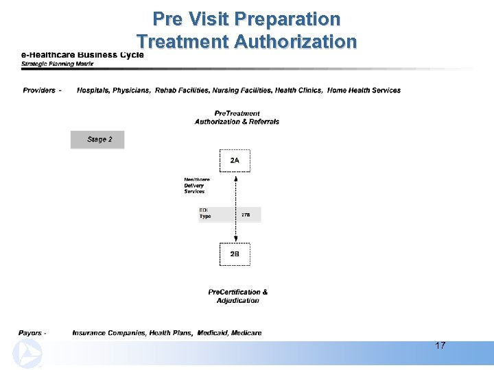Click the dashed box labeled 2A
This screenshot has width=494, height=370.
coord(235,160)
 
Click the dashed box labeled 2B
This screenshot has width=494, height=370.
coord(235,254)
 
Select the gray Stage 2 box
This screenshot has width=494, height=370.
coord(97,140)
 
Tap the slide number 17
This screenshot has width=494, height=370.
coord(440,345)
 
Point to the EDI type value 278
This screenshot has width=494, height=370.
coord(246,215)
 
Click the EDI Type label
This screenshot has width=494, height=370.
coord(205,213)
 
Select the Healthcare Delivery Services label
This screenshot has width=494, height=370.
coord(196,185)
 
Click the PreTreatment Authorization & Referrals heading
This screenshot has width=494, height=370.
coord(237,117)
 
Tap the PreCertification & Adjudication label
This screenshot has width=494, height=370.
coord(237,296)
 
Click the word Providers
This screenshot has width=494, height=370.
coord(39,90)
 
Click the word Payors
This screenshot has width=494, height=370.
coord(30,333)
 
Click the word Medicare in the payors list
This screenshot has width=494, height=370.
coord(246,333)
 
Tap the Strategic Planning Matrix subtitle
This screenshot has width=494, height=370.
coord(58,64)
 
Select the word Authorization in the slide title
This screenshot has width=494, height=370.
coord(295,42)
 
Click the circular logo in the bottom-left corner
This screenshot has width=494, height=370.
coord(27,354)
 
